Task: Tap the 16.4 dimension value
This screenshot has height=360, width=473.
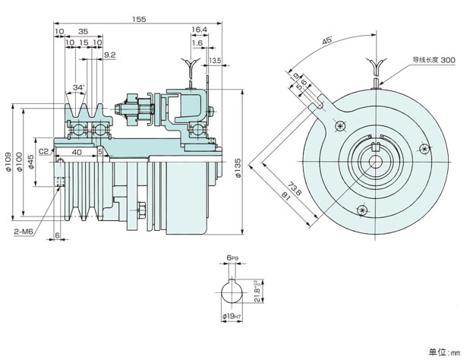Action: point(200,30)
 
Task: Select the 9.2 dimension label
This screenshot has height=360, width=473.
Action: point(109,55)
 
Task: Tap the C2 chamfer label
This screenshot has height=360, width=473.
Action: point(43,151)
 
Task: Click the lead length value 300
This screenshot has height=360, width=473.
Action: point(447,59)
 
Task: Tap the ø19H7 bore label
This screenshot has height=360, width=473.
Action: point(231,316)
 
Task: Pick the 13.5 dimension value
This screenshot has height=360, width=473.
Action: point(216,60)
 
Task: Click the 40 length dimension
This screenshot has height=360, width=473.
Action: point(76,151)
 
